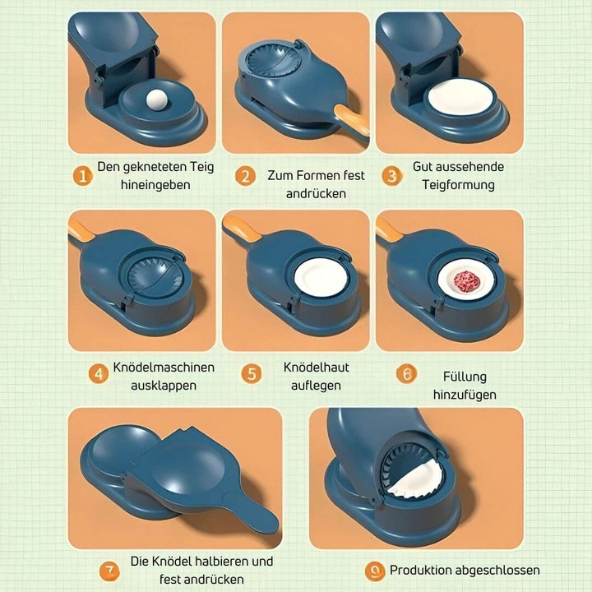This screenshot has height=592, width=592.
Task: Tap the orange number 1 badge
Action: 81,176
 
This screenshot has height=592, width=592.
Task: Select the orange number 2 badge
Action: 244,176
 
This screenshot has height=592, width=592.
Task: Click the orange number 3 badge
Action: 393,176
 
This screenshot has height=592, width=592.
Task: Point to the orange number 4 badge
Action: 99,374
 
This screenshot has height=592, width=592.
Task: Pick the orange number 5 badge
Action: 252,374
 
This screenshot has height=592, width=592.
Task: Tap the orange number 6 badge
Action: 406,374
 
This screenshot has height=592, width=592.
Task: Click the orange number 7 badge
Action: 109,571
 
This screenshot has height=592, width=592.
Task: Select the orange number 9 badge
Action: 374,571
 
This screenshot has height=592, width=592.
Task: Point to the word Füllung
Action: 465,377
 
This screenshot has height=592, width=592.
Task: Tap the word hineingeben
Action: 155,185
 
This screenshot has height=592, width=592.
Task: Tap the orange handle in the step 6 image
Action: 389,230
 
